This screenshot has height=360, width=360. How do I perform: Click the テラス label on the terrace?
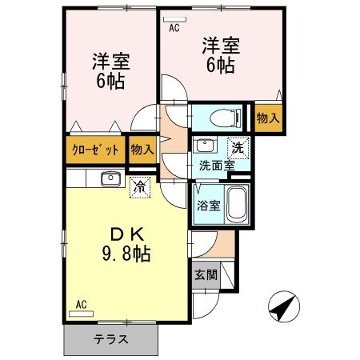click(112, 338)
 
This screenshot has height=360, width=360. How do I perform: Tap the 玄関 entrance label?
click(206, 274)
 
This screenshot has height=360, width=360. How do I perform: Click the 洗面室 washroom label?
click(217, 166)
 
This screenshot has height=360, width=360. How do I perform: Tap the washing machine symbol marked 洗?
click(238, 146)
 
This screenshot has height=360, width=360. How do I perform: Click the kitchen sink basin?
click(110, 178)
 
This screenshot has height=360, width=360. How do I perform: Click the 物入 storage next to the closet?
click(142, 150)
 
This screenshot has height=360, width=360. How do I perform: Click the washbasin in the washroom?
click(205, 146)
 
